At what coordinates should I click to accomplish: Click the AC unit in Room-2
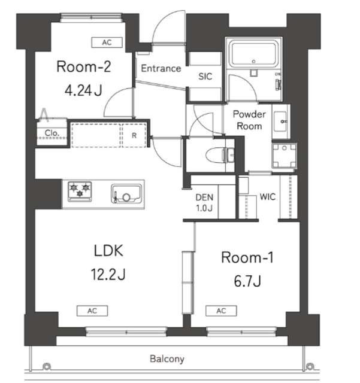coord(107,42)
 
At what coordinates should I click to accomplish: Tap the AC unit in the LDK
coord(92,311)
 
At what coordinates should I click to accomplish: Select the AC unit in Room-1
coord(221,311)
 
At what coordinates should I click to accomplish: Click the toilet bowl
coord(216,155)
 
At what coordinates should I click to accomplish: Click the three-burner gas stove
coord(80,191)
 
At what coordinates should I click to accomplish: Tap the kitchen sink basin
coord(126,193)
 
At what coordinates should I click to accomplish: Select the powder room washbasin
coord(281,121)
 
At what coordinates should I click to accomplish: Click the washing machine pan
coord(284,156)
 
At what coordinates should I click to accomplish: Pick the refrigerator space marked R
coord(134,136)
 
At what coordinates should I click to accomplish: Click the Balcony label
coord(167,359)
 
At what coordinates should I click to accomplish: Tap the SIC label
coord(205,77)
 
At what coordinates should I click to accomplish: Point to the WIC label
coord(268,197)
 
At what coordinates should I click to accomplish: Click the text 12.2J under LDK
coord(108,274)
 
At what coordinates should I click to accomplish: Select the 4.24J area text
coord(83,90)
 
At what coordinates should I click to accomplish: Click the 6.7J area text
coord(247,281)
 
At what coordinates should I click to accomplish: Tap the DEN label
coord(204,197)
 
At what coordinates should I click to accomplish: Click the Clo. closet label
coord(52,133)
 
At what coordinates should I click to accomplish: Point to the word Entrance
coord(161,68)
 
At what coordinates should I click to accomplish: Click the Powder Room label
coord(249,120)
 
